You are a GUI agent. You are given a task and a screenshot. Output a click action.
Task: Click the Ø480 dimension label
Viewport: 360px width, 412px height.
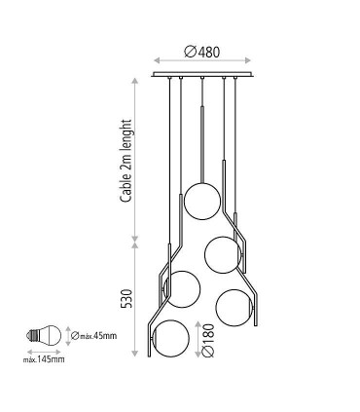pyautogui.click(x=201, y=52)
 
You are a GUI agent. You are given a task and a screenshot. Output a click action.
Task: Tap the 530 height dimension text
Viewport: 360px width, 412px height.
pyautogui.click(x=126, y=298)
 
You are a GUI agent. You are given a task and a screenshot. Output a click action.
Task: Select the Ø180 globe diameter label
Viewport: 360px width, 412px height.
pyautogui.click(x=208, y=340)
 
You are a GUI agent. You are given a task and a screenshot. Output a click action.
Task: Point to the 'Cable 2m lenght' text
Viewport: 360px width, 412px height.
pyautogui.click(x=126, y=161)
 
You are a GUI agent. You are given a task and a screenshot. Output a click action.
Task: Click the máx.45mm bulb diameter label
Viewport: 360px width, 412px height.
pyautogui.click(x=93, y=335)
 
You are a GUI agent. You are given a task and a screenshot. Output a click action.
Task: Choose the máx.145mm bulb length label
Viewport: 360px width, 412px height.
pyautogui.click(x=44, y=359)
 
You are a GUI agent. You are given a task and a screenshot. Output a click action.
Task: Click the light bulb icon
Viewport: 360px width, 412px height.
pyautogui.click(x=44, y=336)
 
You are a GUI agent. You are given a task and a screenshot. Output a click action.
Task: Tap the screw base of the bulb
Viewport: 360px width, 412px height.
pyautogui.click(x=31, y=336)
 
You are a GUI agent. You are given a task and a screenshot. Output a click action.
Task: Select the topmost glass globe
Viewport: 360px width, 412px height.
pyautogui.click(x=202, y=202)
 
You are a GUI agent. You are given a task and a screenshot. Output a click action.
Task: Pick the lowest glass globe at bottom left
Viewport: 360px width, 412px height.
pyautogui.click(x=170, y=338)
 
